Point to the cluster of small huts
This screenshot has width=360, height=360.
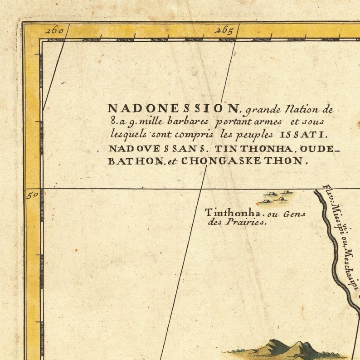[x=275, y=196]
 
